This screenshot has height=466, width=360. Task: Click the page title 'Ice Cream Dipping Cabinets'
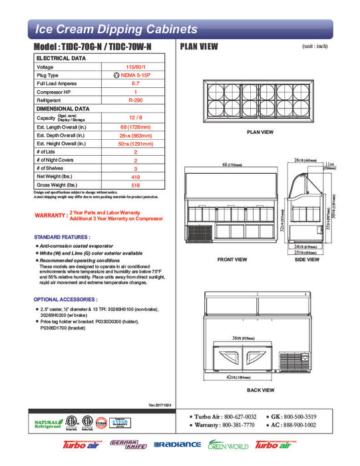click(116, 29)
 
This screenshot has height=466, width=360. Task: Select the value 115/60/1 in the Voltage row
click(136, 67)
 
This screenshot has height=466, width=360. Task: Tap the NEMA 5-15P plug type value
click(136, 76)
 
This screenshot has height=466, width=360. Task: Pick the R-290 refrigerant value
click(136, 100)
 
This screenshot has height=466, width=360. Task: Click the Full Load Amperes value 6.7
click(136, 84)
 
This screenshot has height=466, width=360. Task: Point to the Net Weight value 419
click(136, 176)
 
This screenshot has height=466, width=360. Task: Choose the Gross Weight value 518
click(136, 184)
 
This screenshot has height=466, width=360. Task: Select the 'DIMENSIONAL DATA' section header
click(63, 108)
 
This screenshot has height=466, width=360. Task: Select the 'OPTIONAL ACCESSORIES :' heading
click(65, 300)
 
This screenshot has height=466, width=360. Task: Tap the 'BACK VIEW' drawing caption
click(260, 389)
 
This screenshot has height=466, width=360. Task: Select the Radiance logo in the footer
click(177, 444)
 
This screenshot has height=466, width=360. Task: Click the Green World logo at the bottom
click(228, 444)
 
